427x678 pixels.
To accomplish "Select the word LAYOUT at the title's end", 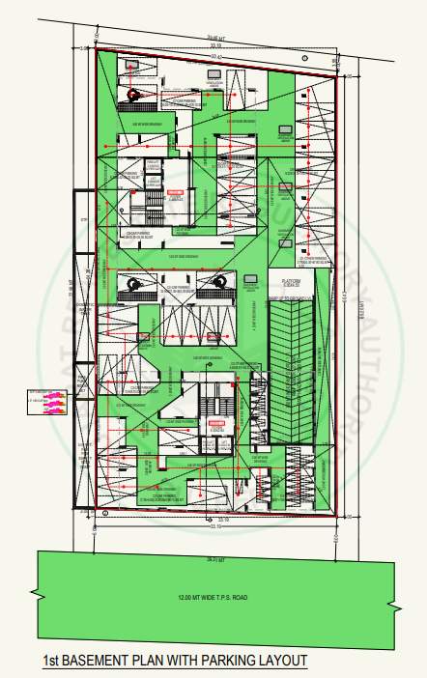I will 282,662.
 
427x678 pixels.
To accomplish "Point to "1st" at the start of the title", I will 53,662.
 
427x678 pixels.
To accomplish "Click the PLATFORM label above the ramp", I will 292,280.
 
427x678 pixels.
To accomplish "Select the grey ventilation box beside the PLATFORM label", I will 250,286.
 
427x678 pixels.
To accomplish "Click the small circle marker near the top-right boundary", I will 334,76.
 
